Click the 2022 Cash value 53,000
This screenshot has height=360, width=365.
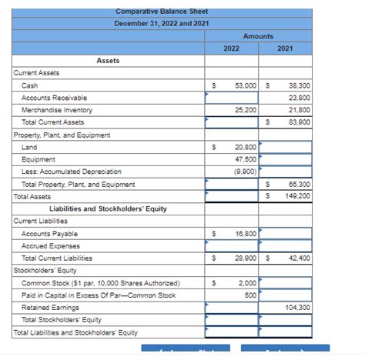[246, 85]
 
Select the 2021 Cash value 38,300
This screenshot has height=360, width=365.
[298, 85]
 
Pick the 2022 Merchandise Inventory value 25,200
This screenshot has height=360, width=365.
[246, 110]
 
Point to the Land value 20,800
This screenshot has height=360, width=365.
[246, 147]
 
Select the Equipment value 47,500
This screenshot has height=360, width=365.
[246, 159]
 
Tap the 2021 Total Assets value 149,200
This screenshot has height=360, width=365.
[297, 196]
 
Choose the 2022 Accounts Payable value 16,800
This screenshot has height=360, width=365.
[246, 233]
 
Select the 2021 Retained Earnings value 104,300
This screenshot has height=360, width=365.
[297, 307]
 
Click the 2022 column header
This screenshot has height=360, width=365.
[231, 48]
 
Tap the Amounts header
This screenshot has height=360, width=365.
[258, 36]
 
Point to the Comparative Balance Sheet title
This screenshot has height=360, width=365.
[161, 12]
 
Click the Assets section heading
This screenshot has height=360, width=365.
[108, 61]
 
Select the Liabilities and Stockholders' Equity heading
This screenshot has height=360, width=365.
[108, 208]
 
